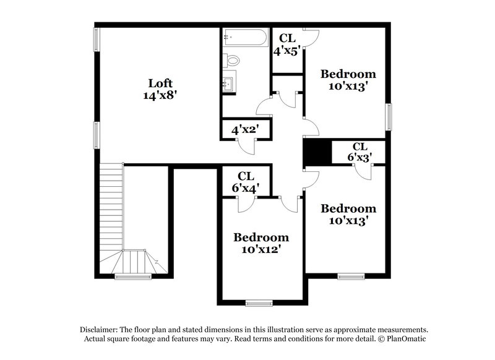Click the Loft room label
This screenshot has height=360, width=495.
pyautogui.click(x=160, y=83)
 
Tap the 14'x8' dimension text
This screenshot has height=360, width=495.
pyautogui.click(x=160, y=95)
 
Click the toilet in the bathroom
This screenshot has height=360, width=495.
pyautogui.click(x=232, y=61)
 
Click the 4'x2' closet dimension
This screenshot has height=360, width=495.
pyautogui.click(x=244, y=131)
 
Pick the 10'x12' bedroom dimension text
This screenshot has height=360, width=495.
pyautogui.click(x=260, y=250)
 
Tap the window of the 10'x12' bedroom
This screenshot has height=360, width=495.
pyautogui.click(x=259, y=302)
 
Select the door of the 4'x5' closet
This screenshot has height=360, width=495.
pyautogui.click(x=312, y=36)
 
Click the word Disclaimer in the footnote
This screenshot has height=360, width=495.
pyautogui.click(x=102, y=330)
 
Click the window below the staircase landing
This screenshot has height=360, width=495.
pyautogui.click(x=132, y=276)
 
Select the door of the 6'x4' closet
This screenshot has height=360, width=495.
pyautogui.click(x=247, y=205)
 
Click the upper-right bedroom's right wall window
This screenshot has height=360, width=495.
pyautogui.click(x=389, y=116)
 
